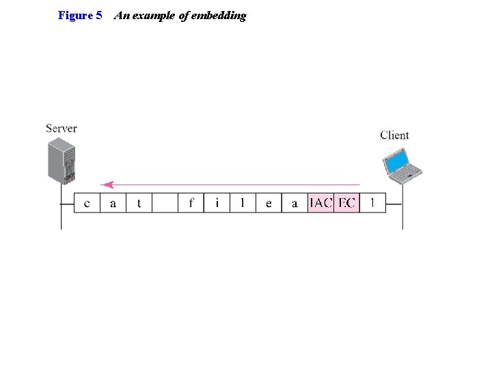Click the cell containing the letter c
pos(87,203)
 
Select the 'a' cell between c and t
pos(113,203)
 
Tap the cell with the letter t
pos(139,203)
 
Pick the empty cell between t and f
pos(165,203)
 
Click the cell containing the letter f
pos(191,203)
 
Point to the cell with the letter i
pos(217,203)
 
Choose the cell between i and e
pos(243,203)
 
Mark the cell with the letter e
pos(269,203)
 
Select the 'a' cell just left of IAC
pos(295,203)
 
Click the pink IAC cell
pos(320,203)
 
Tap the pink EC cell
pos(346,203)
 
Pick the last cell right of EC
pos(372,203)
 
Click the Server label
pos(61,128)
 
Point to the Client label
pos(394,135)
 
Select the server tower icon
pos(61,160)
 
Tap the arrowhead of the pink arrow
pos(105,184)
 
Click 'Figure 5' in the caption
pos(80,15)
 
